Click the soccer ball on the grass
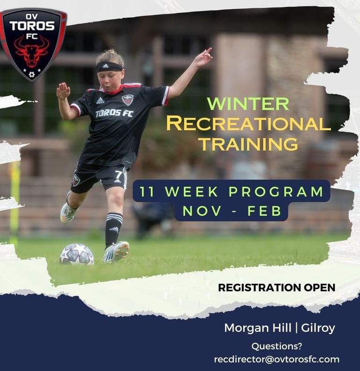76,254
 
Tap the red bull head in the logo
31,52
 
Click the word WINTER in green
248,104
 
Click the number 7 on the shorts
119,175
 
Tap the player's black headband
110,67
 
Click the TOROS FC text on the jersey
114,114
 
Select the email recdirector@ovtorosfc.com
277,359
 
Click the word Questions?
277,346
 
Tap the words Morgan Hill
258,328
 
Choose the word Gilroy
318,329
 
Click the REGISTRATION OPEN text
277,288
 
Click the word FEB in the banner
264,211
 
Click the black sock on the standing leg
113,230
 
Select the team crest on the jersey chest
127,99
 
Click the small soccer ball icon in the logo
31,75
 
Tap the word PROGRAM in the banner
276,191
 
